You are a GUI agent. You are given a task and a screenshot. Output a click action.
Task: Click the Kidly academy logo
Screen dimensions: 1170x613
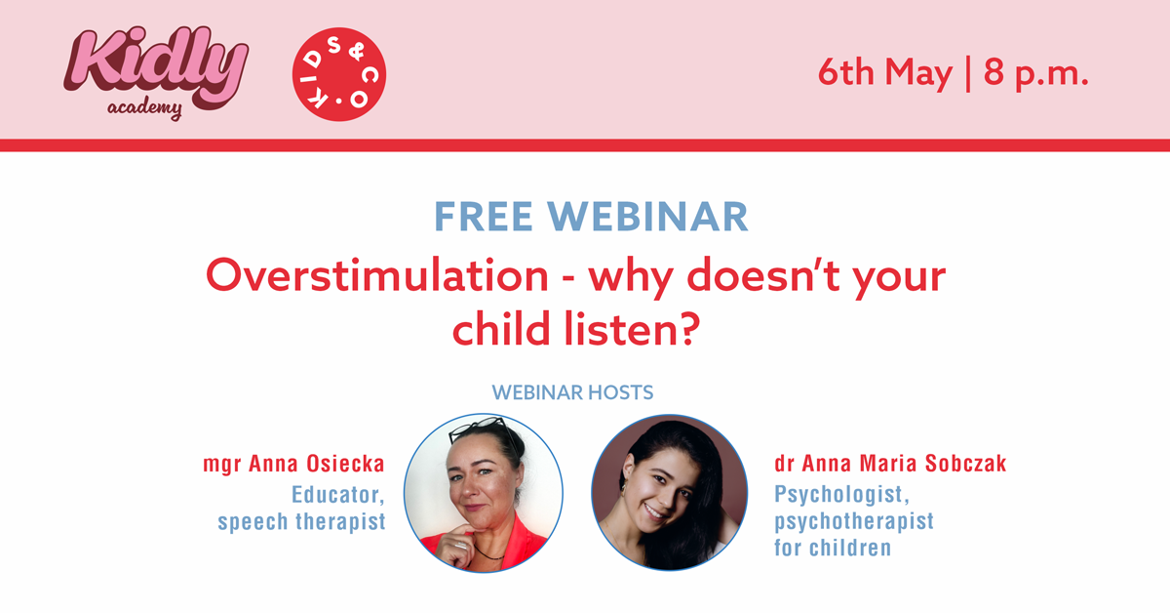pyautogui.click(x=156, y=73)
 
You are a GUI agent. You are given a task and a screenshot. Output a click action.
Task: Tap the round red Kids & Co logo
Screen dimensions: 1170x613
pyautogui.click(x=339, y=74)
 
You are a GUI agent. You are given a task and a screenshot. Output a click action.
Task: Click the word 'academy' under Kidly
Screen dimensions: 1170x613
pyautogui.click(x=144, y=108)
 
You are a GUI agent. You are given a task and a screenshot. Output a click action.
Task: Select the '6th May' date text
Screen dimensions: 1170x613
pyautogui.click(x=885, y=73)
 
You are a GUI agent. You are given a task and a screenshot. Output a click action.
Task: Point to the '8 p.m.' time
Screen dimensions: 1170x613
pyautogui.click(x=1035, y=73)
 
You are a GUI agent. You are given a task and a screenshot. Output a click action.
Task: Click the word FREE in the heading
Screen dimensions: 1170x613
pyautogui.click(x=484, y=217)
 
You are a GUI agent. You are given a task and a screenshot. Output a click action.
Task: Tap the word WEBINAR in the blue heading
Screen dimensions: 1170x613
pyautogui.click(x=647, y=217)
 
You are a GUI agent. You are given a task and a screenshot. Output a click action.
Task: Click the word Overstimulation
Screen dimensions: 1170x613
pyautogui.click(x=377, y=275)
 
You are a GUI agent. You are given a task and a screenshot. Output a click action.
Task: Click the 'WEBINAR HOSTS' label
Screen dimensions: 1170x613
pyautogui.click(x=572, y=392)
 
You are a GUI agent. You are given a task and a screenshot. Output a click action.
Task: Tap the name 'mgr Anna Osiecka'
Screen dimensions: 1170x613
pyautogui.click(x=293, y=464)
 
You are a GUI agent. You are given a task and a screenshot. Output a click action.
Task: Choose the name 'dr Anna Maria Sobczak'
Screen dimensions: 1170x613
pyautogui.click(x=890, y=464)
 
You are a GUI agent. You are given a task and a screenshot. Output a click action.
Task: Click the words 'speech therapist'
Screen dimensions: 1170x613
pyautogui.click(x=301, y=522)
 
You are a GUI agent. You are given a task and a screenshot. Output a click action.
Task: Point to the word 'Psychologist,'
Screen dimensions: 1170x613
pyautogui.click(x=841, y=494)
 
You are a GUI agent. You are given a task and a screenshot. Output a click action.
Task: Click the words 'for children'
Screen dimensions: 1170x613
pyautogui.click(x=833, y=549)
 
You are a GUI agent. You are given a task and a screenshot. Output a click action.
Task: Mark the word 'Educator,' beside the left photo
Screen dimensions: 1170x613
pyautogui.click(x=338, y=495)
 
